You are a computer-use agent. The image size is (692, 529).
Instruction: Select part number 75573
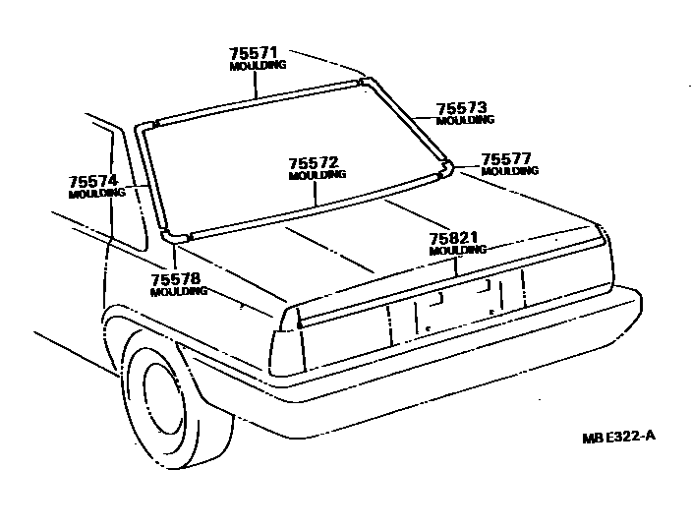click(x=462, y=108)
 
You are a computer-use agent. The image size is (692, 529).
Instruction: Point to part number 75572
click(x=316, y=162)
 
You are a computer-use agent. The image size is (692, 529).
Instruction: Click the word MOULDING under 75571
click(x=258, y=66)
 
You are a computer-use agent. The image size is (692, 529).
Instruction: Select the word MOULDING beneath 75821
click(x=457, y=251)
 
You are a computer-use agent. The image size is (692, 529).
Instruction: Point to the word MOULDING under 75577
click(x=510, y=171)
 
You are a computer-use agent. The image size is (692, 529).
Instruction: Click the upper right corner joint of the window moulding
click(x=367, y=83)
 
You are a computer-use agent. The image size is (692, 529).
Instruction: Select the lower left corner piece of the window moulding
click(x=174, y=237)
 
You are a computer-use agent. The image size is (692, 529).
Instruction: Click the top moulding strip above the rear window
click(x=256, y=102)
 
